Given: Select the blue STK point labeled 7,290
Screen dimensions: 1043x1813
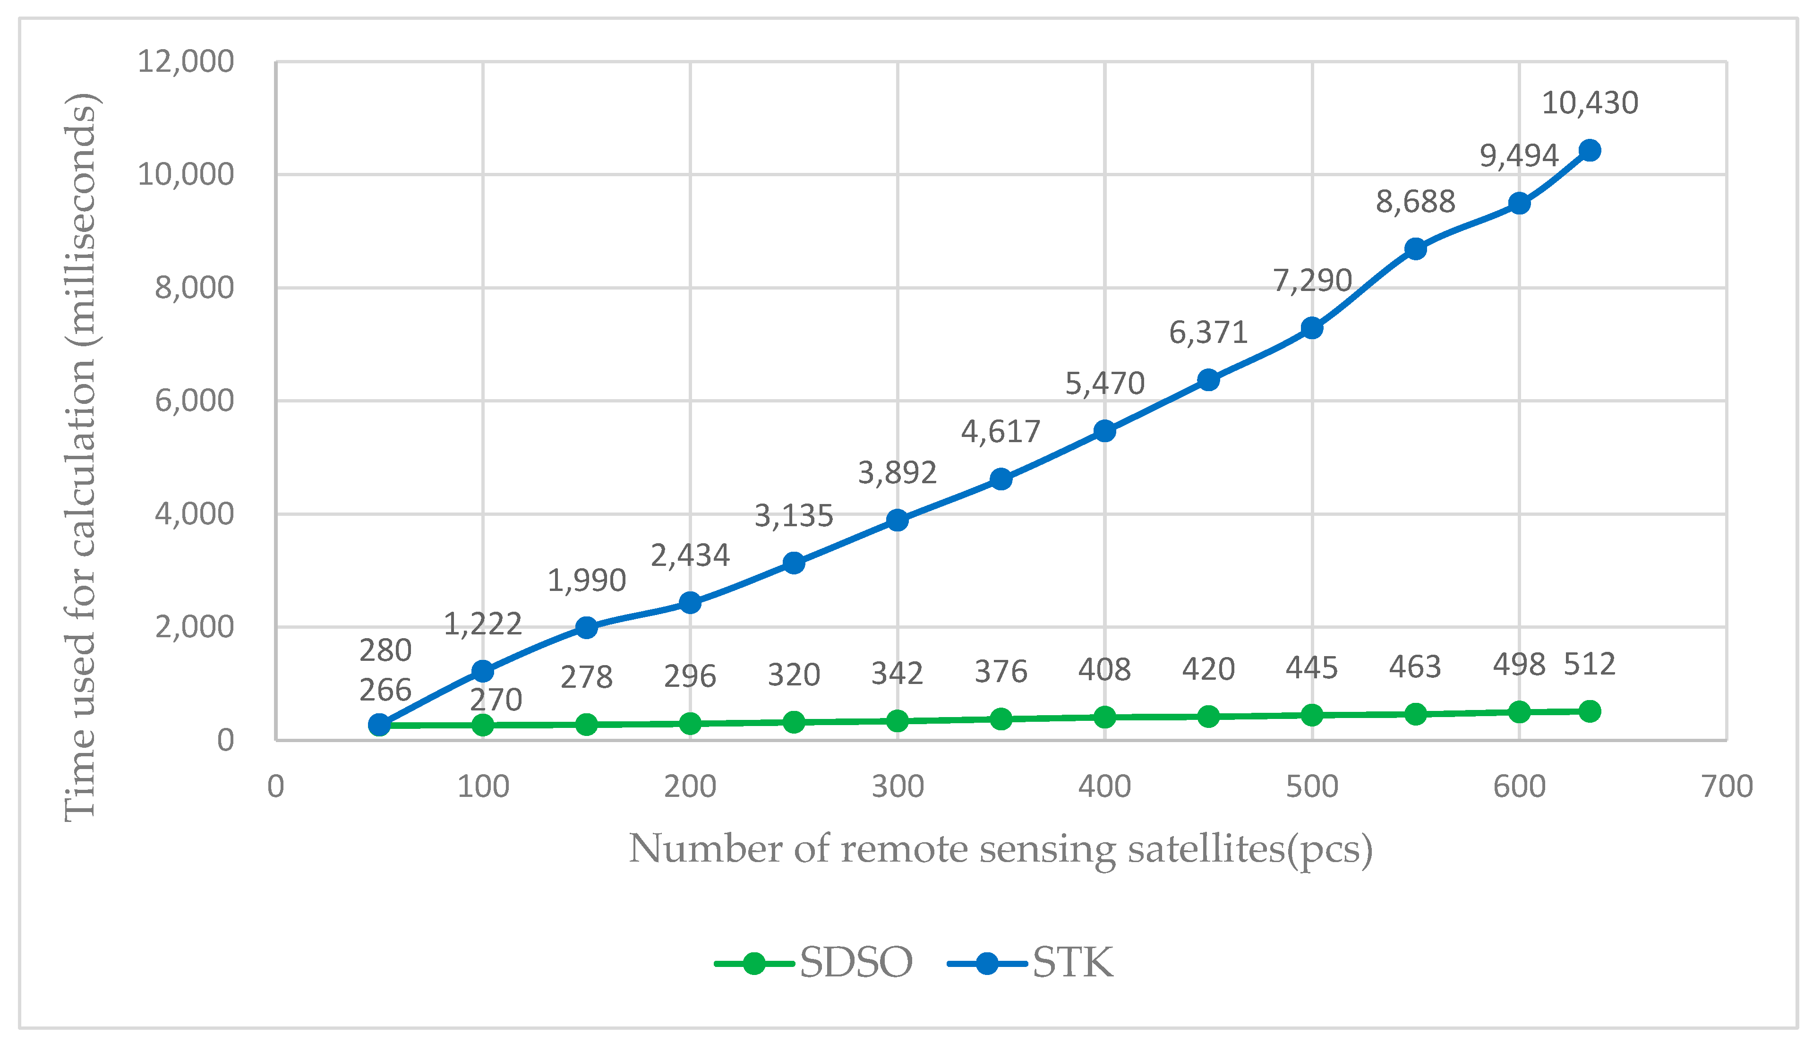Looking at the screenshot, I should click(x=1312, y=328).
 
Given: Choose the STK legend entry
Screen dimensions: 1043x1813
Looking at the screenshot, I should click(x=1032, y=962).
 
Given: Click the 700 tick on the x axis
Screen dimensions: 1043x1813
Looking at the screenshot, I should click(x=1727, y=787).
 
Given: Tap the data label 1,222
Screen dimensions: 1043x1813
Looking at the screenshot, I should click(x=483, y=624).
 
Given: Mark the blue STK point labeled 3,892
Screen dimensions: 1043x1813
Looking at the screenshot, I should click(x=897, y=520).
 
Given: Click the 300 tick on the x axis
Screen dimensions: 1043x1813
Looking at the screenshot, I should click(x=897, y=787).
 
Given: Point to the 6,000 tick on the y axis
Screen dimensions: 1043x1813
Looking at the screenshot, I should click(x=194, y=401).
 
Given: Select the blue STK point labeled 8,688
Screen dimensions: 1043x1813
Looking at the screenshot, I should click(x=1415, y=249).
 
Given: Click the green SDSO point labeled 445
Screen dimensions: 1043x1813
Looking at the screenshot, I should click(x=1312, y=715).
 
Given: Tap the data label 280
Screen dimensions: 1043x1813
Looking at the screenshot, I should click(x=385, y=650).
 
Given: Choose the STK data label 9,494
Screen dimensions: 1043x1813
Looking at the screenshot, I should click(x=1519, y=155).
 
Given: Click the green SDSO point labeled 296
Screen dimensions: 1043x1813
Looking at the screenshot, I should click(x=690, y=724).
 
